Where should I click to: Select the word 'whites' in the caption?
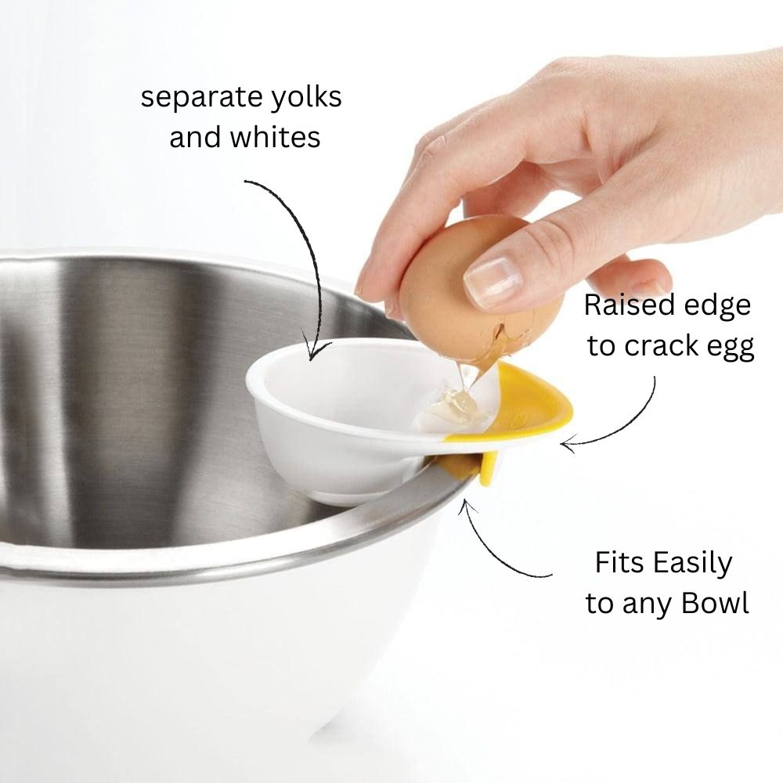click(275, 138)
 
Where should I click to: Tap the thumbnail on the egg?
click(490, 281)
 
